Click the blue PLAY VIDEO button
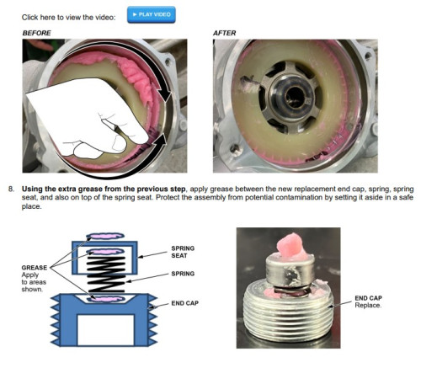(152, 14)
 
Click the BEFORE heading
(36, 33)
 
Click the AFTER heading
(224, 33)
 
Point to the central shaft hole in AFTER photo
(294, 96)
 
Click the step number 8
(11, 189)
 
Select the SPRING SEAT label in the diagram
(183, 252)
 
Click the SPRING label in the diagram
(183, 274)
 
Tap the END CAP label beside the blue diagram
(184, 303)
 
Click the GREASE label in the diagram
(35, 268)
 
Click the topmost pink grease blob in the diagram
(105, 236)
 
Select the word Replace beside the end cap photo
(368, 306)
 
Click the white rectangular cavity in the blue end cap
(105, 330)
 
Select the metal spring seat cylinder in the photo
(290, 271)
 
